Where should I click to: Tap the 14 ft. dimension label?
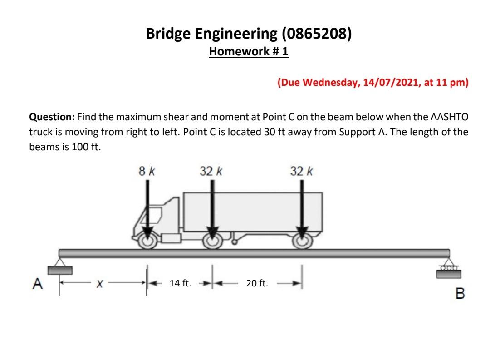(180, 284)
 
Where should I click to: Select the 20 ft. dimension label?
(257, 284)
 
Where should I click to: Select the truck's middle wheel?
(211, 241)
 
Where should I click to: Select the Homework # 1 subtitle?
(249, 52)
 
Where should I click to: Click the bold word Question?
(52, 117)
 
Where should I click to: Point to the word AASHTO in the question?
(450, 117)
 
